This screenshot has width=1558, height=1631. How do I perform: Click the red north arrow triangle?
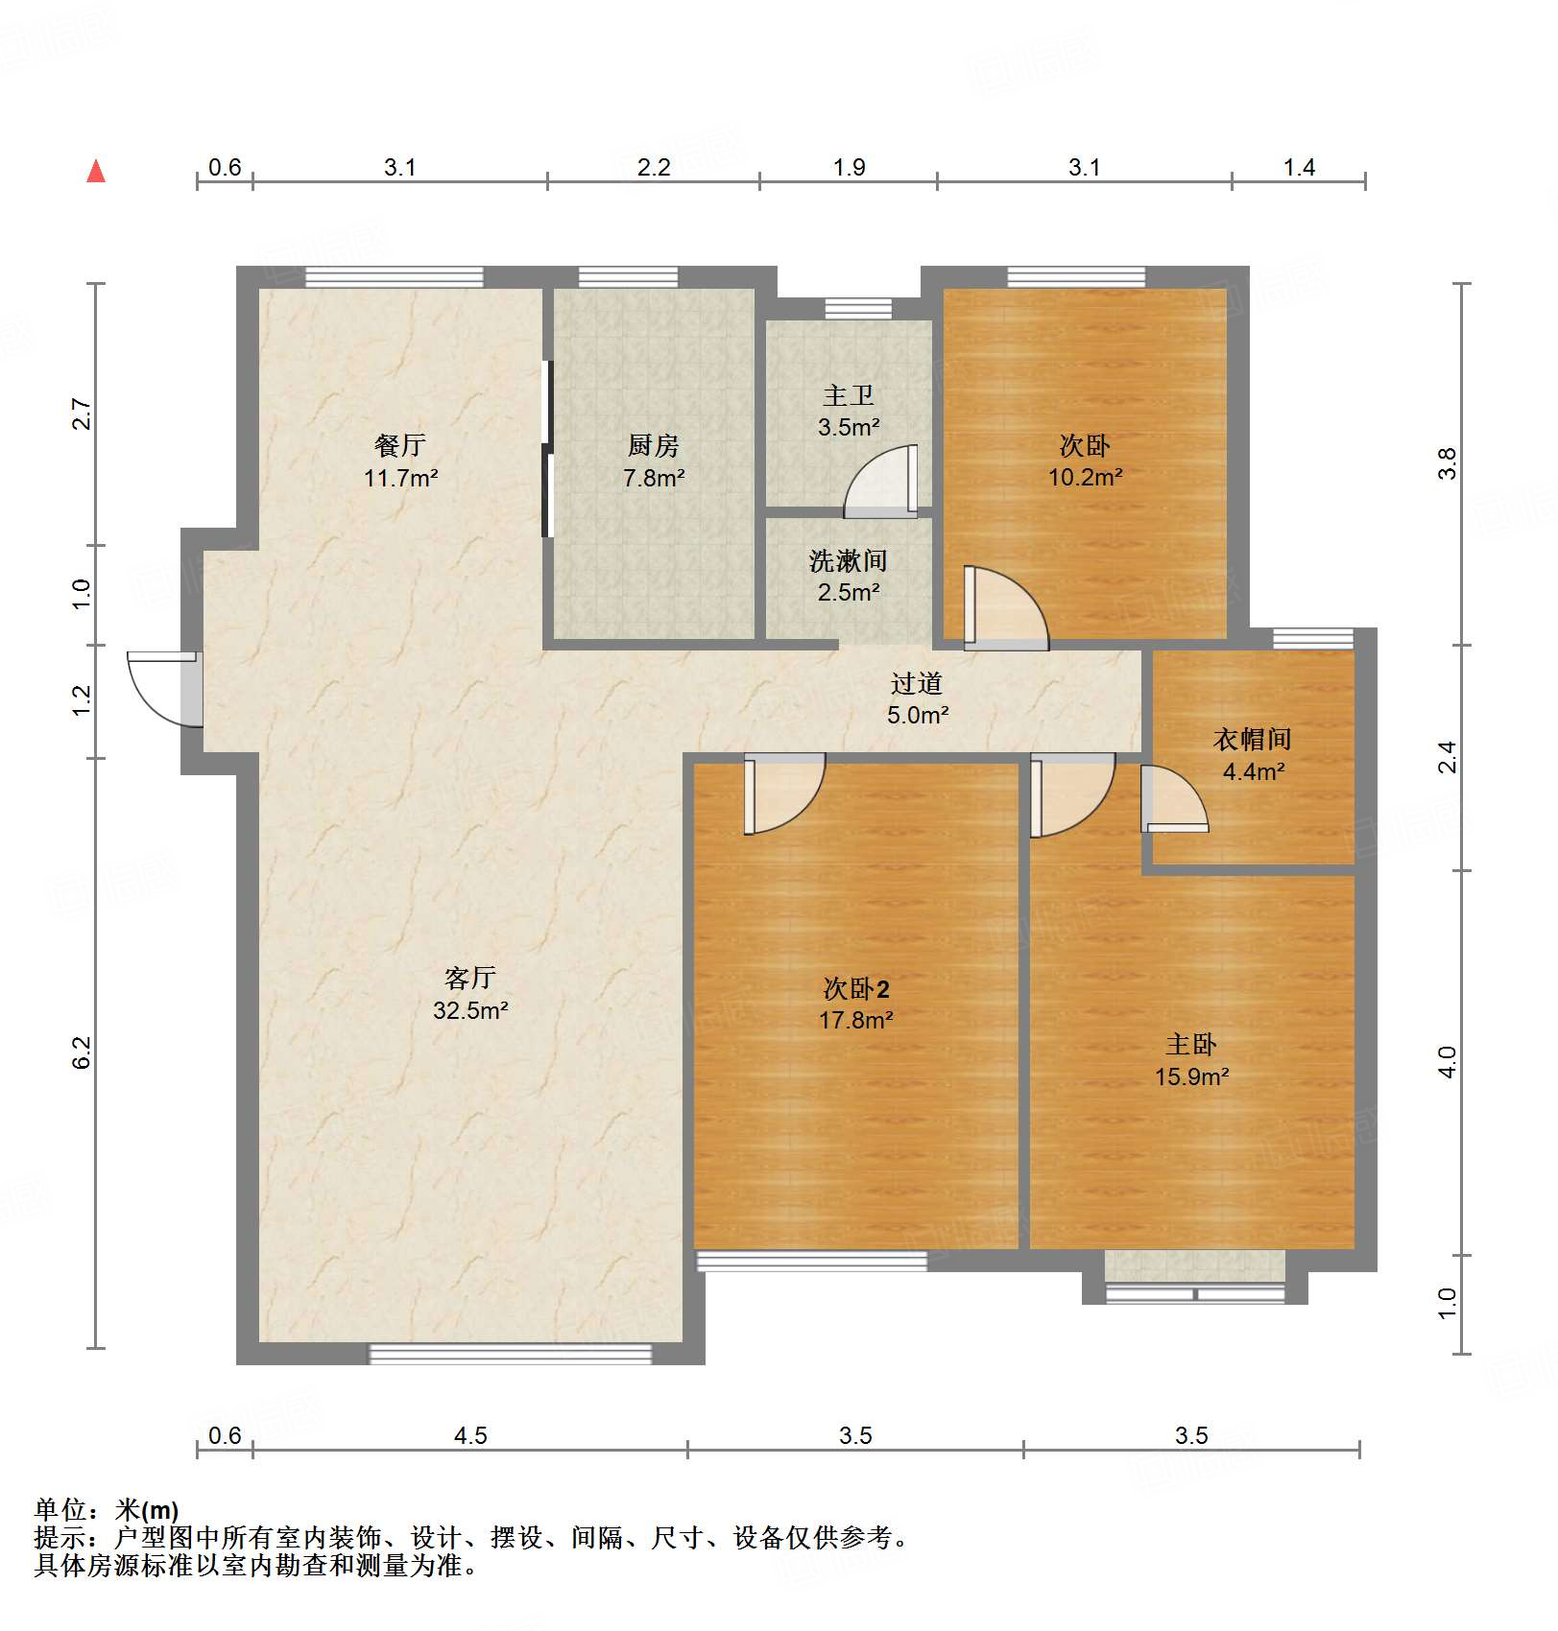pos(96,172)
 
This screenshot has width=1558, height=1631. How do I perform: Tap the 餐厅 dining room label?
pos(399,445)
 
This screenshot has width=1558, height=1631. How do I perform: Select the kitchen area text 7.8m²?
pos(653,478)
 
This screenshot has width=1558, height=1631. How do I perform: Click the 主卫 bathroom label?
pos(848,395)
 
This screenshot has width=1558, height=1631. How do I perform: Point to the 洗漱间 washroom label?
pos(848,560)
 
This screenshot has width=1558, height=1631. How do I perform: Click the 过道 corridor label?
pos(917,683)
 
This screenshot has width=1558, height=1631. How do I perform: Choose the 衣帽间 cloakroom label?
pos(1252,739)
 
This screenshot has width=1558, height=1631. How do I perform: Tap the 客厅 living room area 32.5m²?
pos(469,1010)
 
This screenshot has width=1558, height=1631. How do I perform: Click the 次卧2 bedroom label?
pos(855,988)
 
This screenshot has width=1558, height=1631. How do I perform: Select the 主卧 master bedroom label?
pos(1190,1044)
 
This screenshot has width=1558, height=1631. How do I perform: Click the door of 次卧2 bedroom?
pos(782,793)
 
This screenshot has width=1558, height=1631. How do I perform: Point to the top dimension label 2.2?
pos(653,168)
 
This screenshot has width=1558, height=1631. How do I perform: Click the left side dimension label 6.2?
pos(82,1052)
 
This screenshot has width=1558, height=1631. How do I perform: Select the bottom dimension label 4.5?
pos(469,1436)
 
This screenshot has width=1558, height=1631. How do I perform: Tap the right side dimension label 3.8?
pos(1447,463)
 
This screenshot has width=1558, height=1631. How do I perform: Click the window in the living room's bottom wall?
pos(510,1354)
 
